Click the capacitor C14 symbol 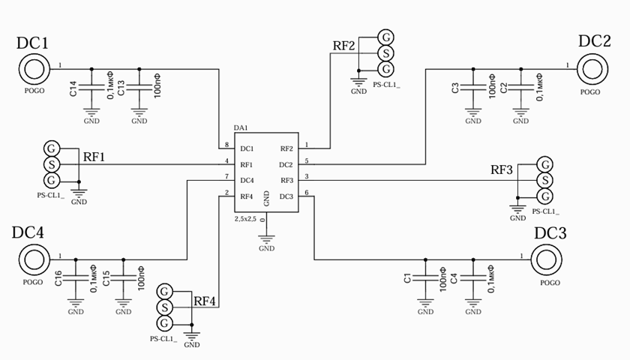point(91,87)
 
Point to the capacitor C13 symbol point(139,87)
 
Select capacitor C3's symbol point(473,87)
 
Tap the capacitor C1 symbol point(425,278)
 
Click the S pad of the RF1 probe point(52,164)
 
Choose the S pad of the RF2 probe point(385,53)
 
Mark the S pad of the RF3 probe point(545,181)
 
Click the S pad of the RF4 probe point(164,307)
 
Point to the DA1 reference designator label point(241,127)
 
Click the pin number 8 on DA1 point(227,145)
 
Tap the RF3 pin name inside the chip point(286,181)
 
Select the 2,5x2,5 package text point(245,219)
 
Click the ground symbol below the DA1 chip point(266,238)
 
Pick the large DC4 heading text point(28,232)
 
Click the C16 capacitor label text point(58,278)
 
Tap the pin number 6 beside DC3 point(307,193)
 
